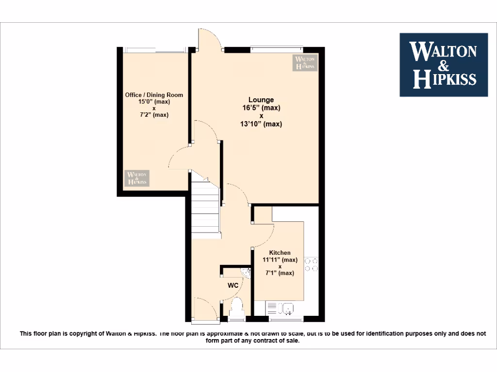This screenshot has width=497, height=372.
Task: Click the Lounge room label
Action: pos(261,100)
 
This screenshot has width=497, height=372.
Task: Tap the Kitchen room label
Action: pos(280,253)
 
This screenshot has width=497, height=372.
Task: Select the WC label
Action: pos(233,285)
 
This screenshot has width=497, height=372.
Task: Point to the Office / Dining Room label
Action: pos(154,95)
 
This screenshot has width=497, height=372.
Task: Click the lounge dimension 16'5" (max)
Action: pos(261,108)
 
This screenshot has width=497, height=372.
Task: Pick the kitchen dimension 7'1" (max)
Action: pos(280,273)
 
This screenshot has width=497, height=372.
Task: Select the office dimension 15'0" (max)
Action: pos(154,102)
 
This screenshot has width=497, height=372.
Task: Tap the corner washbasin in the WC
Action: pos(246,273)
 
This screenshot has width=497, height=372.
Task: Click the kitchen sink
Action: pos(287,308)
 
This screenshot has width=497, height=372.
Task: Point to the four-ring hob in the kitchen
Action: pos(311,264)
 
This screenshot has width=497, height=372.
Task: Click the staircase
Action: pos(206,208)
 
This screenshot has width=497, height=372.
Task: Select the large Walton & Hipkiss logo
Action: pos(444,64)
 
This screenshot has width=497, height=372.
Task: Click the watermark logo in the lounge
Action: pos(304,63)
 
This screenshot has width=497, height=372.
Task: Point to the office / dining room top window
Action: pos(154,49)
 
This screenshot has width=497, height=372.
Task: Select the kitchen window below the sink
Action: pos(283,320)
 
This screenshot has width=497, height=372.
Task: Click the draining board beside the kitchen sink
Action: pos(272,308)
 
